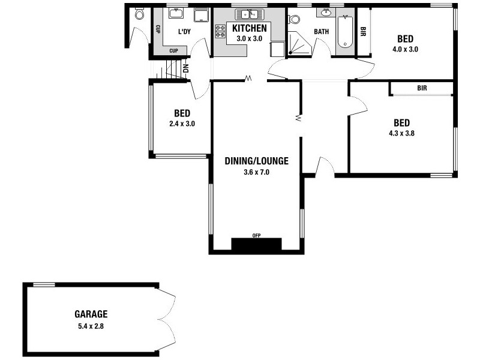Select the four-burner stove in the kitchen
[220, 31]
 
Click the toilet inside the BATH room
[295, 19]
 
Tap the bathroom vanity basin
[326, 13]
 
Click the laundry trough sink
[176, 13]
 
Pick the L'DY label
[184, 31]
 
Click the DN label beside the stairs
[185, 68]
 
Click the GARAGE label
[91, 314]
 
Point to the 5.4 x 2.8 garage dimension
[91, 327]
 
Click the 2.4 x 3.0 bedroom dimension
[182, 124]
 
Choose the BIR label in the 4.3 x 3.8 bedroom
[422, 88]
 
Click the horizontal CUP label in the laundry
[173, 50]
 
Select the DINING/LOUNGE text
[257, 161]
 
